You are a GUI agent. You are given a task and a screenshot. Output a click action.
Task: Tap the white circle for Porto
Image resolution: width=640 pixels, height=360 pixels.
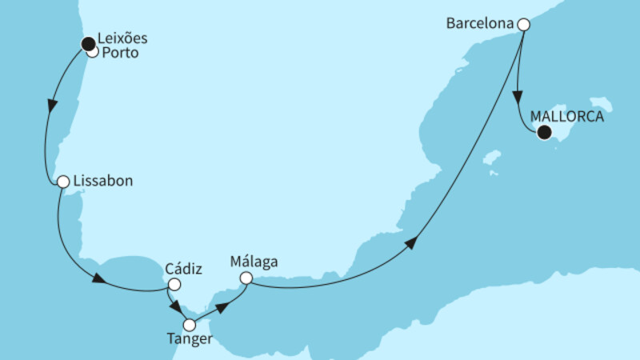pyautogui.click(x=92, y=53)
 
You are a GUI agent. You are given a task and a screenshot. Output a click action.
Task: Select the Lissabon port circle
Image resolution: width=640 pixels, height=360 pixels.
pyautogui.click(x=62, y=182)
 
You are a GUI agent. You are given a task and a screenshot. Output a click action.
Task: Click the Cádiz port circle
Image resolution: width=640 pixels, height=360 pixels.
pyautogui.click(x=174, y=283)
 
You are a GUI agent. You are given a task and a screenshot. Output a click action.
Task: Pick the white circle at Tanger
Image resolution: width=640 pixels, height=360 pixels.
pyautogui.click(x=190, y=326)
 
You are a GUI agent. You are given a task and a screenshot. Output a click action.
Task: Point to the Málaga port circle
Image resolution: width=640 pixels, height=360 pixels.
pyautogui.click(x=246, y=278)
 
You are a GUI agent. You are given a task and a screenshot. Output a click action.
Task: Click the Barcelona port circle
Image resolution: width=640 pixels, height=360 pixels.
pyautogui.click(x=523, y=24)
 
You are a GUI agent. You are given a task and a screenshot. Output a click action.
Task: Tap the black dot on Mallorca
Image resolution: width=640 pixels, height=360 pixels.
pyautogui.click(x=545, y=134)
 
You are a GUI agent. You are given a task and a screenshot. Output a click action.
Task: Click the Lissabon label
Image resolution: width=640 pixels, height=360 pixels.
pyautogui.click(x=102, y=181)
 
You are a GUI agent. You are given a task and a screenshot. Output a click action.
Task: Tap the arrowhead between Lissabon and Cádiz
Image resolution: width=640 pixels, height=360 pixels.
pyautogui.click(x=99, y=279)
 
